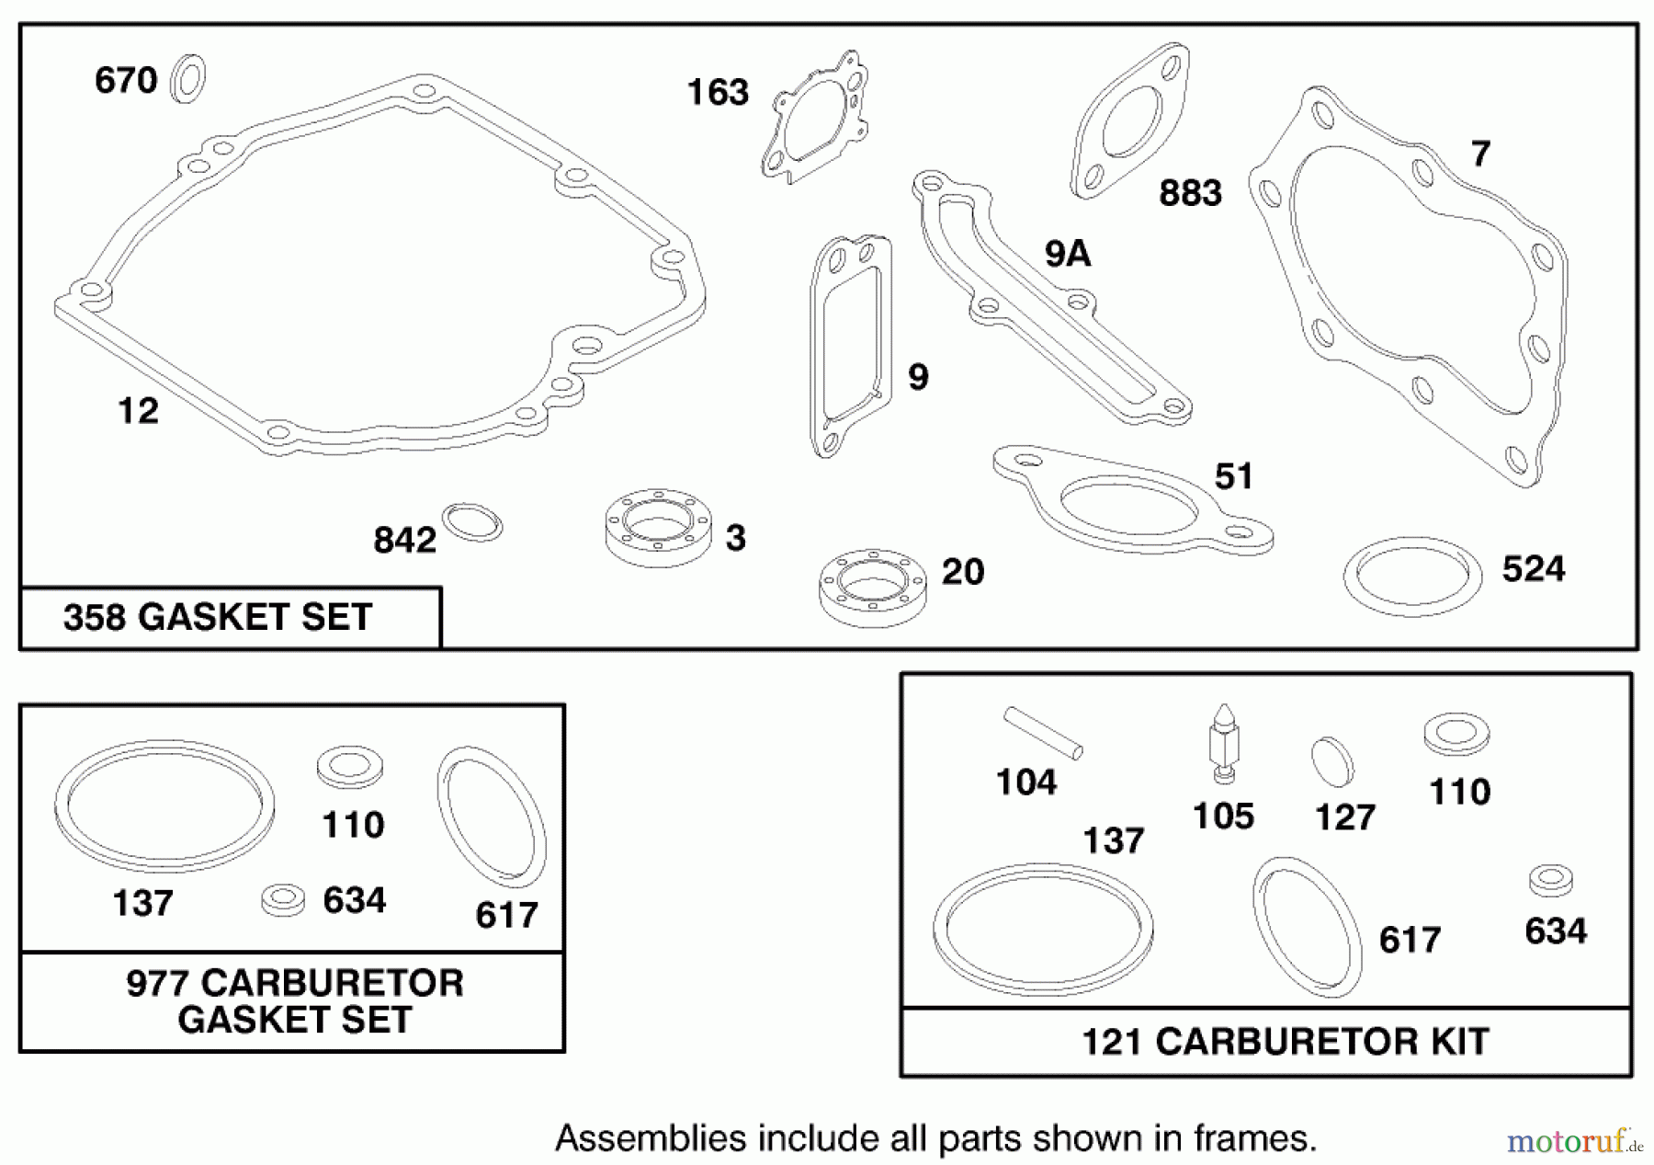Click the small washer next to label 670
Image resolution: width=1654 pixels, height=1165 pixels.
188,79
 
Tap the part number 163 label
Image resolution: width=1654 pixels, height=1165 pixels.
718,93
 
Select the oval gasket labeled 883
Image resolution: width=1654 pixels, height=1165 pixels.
1129,121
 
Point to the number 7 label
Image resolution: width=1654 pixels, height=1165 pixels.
1479,154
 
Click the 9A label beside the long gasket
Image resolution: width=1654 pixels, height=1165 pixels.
1067,254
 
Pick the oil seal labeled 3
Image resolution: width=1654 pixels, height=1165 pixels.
659,528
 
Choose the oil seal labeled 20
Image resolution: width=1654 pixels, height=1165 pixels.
872,588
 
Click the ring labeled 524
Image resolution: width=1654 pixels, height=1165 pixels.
1412,577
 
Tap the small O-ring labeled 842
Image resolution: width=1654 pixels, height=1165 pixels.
472,522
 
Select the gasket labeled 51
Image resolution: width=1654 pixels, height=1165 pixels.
1132,501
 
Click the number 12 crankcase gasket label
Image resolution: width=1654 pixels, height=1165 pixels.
138,411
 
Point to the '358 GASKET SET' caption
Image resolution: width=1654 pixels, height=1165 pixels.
218,617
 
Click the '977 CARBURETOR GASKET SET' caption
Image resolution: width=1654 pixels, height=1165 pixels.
294,1001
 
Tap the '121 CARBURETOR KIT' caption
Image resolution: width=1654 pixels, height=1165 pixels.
1285,1042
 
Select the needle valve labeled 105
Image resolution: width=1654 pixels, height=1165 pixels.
1222,745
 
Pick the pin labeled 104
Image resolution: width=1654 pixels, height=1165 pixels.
1043,733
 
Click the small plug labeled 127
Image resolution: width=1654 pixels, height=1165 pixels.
1332,761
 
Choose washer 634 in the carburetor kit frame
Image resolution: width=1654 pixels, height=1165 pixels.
1550,880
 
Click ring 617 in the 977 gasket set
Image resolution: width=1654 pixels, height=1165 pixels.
492,817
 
